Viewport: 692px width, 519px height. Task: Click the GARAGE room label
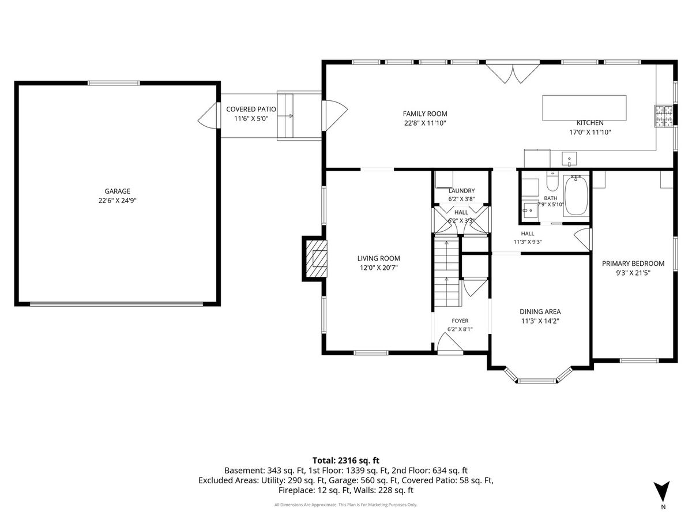117,191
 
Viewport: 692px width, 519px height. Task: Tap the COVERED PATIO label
251,109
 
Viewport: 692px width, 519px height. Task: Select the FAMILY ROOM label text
424,114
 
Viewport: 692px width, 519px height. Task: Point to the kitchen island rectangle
584,108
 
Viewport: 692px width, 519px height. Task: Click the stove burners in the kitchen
664,116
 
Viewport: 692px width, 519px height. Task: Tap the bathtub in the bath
576,195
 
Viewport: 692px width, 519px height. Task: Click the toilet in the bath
552,181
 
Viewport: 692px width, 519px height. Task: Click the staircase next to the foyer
447,273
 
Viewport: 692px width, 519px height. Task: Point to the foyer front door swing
448,342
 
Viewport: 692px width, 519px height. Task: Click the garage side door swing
208,115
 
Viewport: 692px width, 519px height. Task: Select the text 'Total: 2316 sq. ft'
346,460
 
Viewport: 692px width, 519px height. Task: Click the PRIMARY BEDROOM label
633,264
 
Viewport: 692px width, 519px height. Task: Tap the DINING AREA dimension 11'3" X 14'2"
540,321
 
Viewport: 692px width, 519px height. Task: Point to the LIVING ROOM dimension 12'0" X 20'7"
379,268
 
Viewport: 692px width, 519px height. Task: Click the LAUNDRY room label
461,191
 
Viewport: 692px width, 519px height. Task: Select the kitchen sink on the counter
569,159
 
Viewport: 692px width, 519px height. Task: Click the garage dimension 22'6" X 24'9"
117,201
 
